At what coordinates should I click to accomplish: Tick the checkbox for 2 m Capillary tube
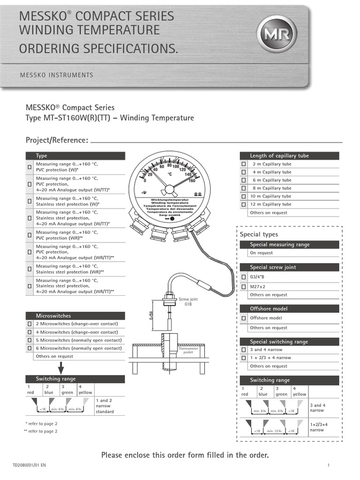click(x=243, y=164)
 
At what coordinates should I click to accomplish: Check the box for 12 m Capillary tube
click(x=243, y=204)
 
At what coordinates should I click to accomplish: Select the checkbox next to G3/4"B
click(x=243, y=277)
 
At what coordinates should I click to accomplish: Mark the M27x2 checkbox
click(x=243, y=286)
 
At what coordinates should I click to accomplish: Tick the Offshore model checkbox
click(x=243, y=318)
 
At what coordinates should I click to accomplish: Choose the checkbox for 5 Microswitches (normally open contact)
click(x=30, y=340)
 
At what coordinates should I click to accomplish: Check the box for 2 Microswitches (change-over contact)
click(x=30, y=324)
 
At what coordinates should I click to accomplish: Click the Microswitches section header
click(x=53, y=316)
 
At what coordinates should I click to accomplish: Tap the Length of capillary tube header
click(x=279, y=156)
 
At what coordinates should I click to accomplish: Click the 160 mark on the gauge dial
click(x=192, y=180)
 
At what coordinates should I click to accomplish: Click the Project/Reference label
click(x=56, y=140)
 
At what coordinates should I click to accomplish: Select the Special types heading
click(x=259, y=234)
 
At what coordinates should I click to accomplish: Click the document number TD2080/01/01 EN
click(x=30, y=465)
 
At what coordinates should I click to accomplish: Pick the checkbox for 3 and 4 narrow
click(x=243, y=350)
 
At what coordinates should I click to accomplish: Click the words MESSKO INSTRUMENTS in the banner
click(x=56, y=75)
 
